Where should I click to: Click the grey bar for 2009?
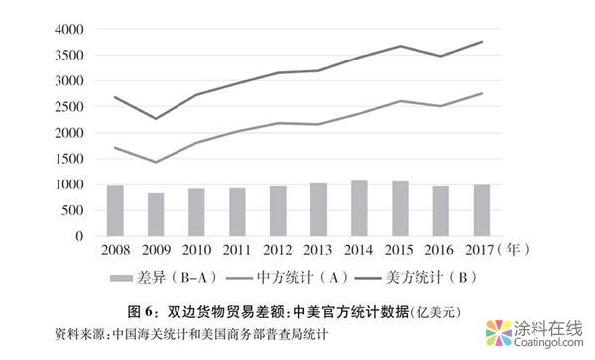[x=155, y=214]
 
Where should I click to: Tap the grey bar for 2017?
[x=481, y=210]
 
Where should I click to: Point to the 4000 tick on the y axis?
[x=68, y=29]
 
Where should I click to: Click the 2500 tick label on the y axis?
[x=68, y=107]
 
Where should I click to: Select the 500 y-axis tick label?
[x=72, y=210]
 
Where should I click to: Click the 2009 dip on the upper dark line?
[x=155, y=119]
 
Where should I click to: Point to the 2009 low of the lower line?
[x=155, y=162]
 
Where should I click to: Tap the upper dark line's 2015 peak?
[x=400, y=46]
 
